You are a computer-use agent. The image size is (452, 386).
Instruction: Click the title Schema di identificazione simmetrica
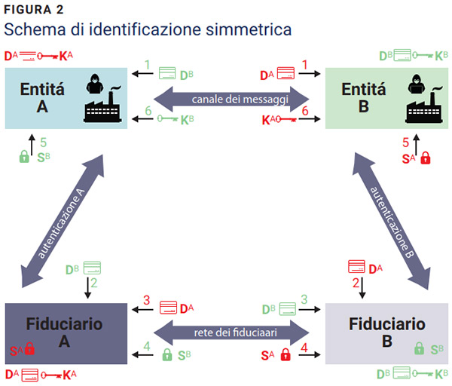(x=147, y=31)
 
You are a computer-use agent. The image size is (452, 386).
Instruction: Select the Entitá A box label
(x=42, y=97)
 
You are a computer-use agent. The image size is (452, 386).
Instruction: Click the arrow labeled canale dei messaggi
(x=231, y=99)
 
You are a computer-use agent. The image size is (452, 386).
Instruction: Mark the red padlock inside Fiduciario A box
(x=30, y=350)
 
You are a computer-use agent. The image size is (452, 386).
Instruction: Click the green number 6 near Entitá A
(x=148, y=110)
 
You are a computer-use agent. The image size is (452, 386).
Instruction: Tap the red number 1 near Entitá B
(x=305, y=66)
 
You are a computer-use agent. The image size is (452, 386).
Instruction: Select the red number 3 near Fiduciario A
(x=148, y=300)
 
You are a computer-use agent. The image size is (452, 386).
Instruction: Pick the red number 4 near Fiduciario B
(x=304, y=348)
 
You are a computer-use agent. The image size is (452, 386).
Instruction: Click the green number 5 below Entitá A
(x=44, y=141)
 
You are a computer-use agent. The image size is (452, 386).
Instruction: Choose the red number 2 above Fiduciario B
(x=354, y=283)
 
